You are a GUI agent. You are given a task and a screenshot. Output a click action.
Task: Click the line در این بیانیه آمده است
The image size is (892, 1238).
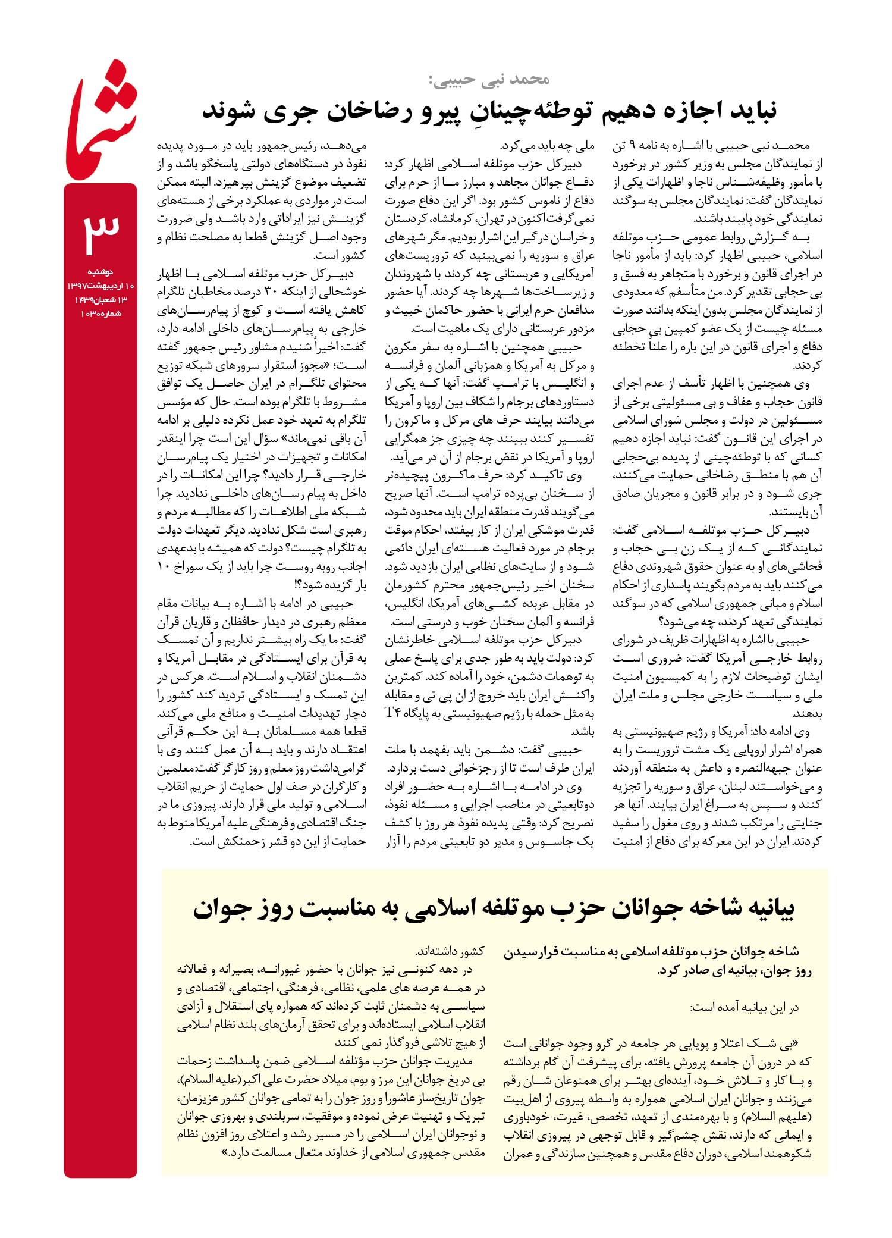click(x=743, y=1007)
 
